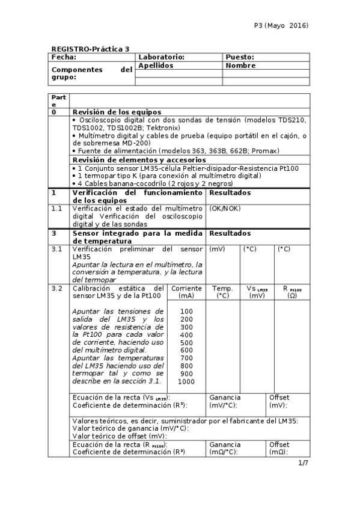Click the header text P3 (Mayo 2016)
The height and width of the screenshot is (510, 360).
pos(281,26)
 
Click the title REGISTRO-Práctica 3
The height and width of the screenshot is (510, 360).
pos(90,49)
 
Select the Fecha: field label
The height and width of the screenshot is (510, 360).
pos(64,57)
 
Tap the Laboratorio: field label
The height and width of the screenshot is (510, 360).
pos(161,57)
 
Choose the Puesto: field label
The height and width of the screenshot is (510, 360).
pos(240,57)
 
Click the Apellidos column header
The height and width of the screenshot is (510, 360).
pos(156,65)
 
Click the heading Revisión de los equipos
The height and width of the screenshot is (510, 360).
pos(117,112)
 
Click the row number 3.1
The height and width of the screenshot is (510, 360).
pos(57,248)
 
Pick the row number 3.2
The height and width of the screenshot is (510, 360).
pos(57,289)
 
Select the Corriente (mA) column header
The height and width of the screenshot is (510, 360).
pos(186,292)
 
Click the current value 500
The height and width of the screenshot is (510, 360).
pos(186,342)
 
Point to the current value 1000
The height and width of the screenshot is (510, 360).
pos(186,381)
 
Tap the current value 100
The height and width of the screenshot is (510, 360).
pos(186,311)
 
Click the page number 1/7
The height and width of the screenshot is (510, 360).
pos(303,462)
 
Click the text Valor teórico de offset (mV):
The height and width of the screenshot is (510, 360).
pos(119,436)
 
